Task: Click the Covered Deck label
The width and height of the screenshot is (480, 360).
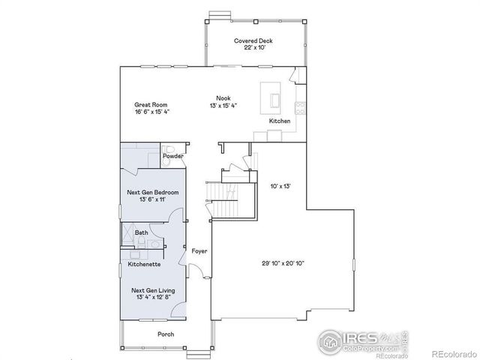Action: point(252,40)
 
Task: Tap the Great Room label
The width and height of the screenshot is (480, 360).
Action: point(151,105)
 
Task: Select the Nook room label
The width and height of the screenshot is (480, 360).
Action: point(223,97)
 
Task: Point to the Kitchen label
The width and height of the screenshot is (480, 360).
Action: point(279,121)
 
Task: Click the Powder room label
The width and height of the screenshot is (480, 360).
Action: point(173,156)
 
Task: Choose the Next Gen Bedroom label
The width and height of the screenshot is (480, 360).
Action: point(152,193)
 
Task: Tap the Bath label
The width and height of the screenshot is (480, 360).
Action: point(141,232)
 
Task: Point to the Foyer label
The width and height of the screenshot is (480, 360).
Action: point(199,250)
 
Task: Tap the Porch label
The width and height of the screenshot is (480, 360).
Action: point(165,334)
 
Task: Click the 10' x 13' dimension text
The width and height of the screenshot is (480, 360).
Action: point(279,184)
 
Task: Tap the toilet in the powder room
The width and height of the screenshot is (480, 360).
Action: point(169,148)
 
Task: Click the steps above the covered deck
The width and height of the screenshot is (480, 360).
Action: point(220,14)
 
